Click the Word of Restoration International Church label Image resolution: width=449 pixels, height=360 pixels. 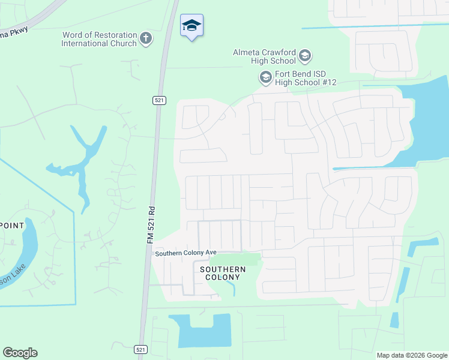tap(99, 40)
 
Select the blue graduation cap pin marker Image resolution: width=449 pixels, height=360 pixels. tap(191, 26)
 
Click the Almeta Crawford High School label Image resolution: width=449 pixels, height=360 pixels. tap(264, 56)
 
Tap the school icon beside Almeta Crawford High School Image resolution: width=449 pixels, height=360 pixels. tap(304, 56)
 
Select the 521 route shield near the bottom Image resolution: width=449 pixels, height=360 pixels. tap(139, 349)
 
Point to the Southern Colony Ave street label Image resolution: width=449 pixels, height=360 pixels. tap(185, 254)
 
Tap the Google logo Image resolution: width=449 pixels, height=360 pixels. tap(20, 353)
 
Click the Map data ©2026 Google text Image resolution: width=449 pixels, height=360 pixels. tap(411, 355)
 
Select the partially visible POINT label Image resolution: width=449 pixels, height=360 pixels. tap(12, 226)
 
